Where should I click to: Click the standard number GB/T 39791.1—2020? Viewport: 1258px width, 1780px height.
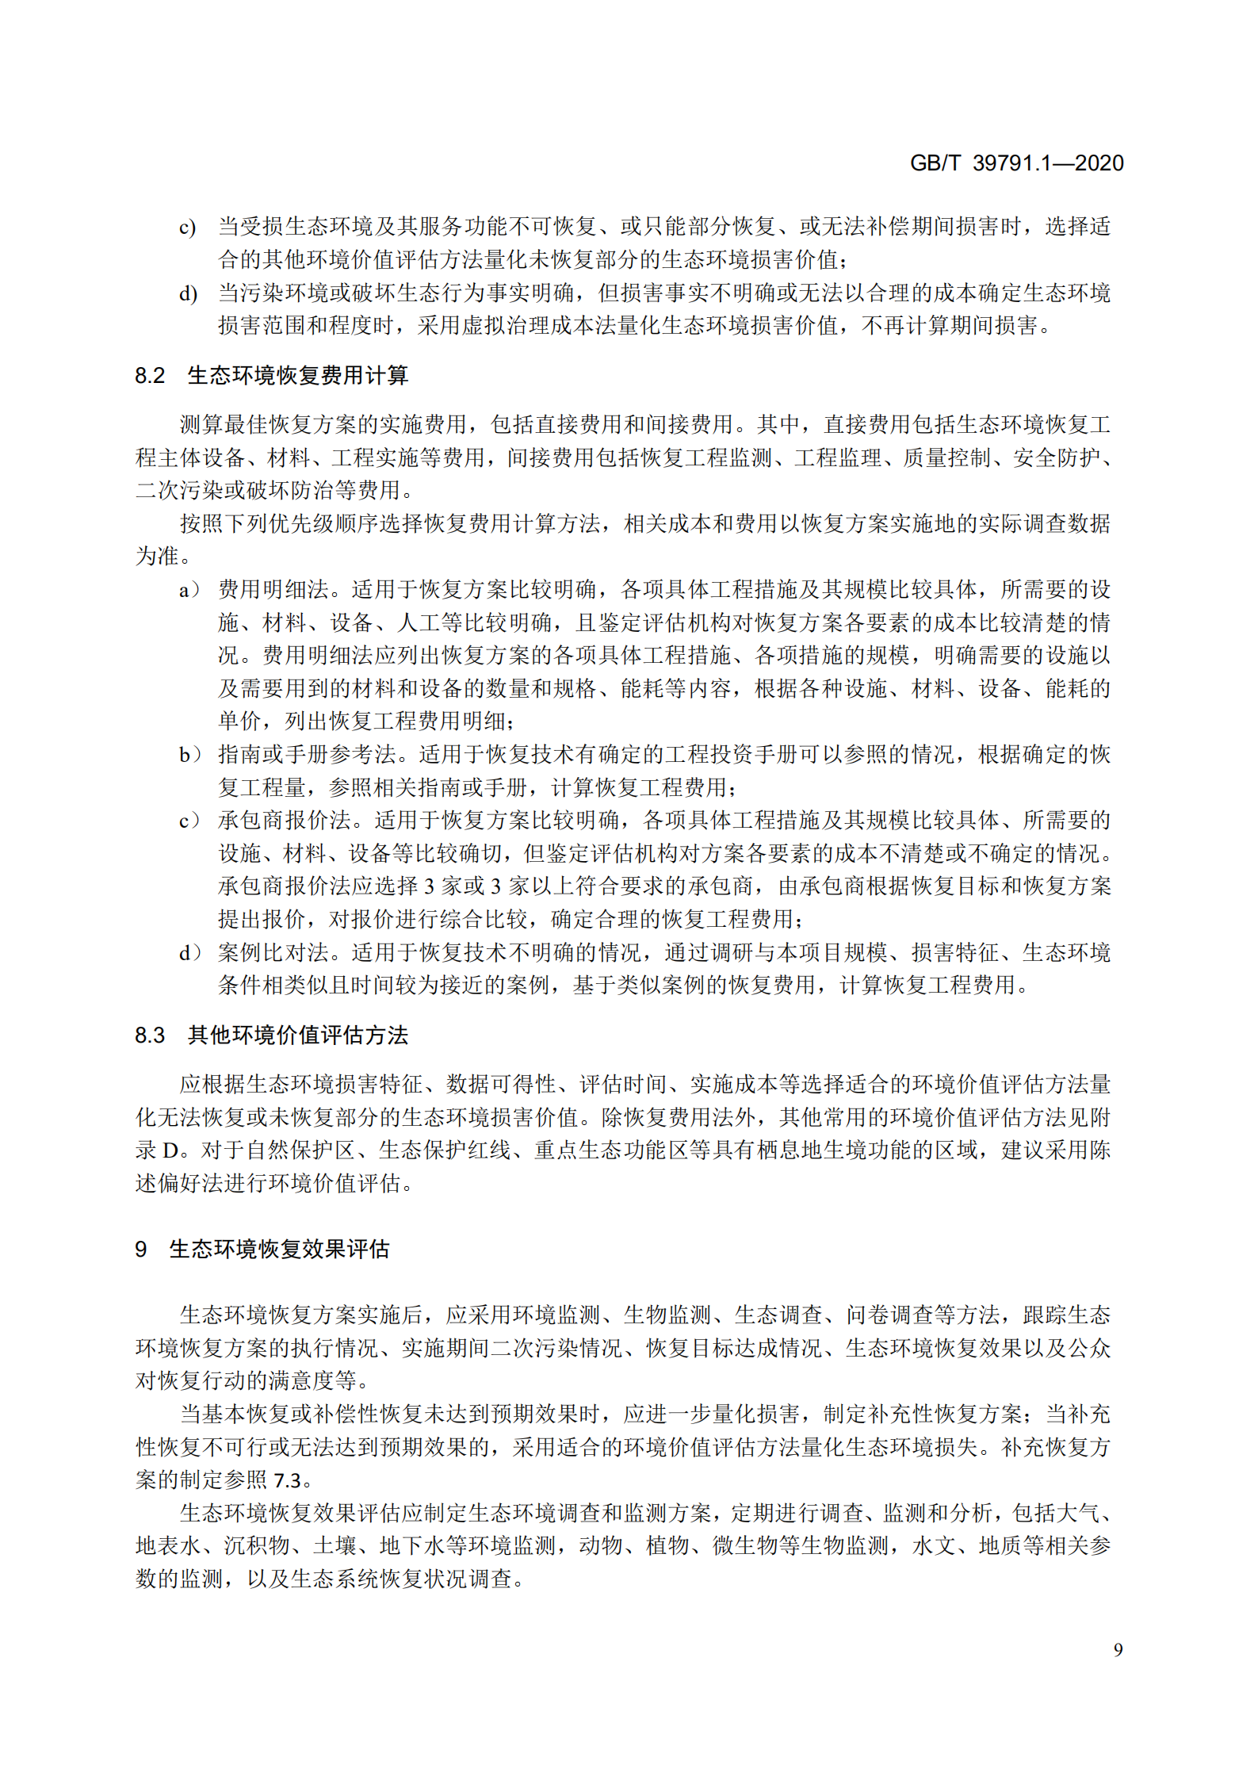pyautogui.click(x=1016, y=163)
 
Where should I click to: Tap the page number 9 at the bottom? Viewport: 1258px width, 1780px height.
pyautogui.click(x=1118, y=1649)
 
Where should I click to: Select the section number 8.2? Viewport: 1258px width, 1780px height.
pyautogui.click(x=150, y=375)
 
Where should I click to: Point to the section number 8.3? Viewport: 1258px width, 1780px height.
pyautogui.click(x=150, y=1035)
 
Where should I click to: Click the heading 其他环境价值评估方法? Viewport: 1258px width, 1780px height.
pyautogui.click(x=298, y=1035)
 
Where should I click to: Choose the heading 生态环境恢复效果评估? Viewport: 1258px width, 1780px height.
pyautogui.click(x=279, y=1249)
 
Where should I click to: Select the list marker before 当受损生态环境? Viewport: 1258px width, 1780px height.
pyautogui.click(x=188, y=228)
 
